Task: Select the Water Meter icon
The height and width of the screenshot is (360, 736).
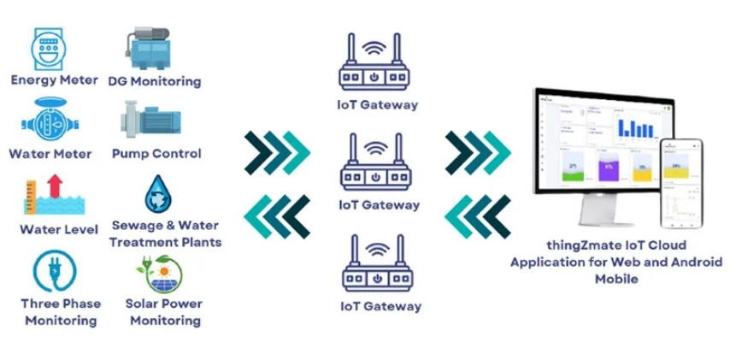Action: [49, 120]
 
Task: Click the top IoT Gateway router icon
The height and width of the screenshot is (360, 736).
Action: [374, 66]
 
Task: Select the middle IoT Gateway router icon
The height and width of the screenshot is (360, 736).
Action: [374, 164]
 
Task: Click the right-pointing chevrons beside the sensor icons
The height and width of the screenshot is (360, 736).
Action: [275, 153]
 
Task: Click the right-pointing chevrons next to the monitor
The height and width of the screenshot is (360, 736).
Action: [477, 153]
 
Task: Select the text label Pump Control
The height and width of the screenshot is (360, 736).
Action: [156, 154]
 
